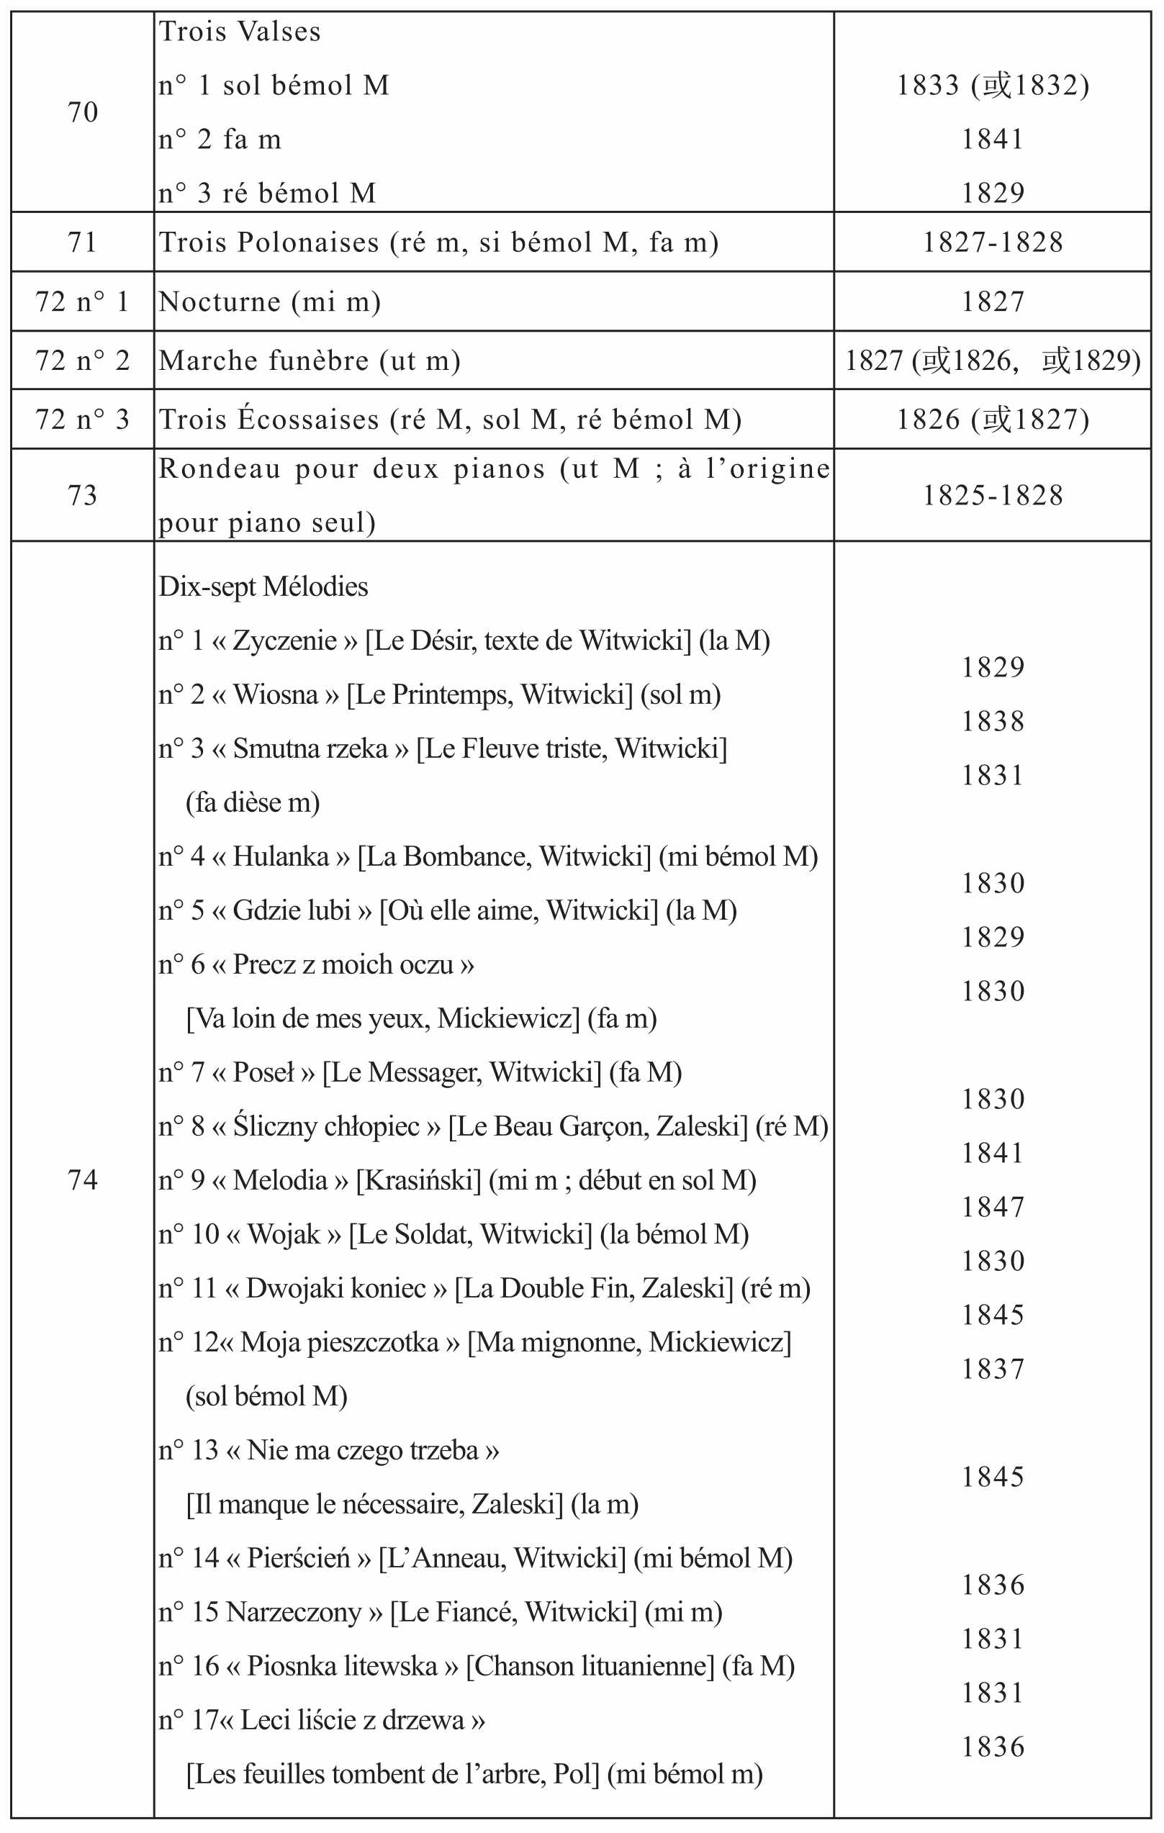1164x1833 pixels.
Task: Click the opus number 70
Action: click(x=82, y=112)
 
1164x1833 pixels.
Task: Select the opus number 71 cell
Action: click(x=82, y=242)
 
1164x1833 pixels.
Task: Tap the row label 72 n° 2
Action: click(x=82, y=360)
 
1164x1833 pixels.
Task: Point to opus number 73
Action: click(x=82, y=496)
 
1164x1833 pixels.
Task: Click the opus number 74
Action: click(x=82, y=1180)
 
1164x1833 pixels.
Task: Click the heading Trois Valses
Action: click(x=240, y=32)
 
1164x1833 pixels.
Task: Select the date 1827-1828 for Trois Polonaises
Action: click(x=992, y=242)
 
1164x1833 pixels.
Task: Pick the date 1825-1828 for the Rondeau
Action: click(x=992, y=496)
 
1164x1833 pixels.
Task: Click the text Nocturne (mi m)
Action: click(x=269, y=302)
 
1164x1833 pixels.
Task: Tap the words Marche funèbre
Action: click(x=264, y=360)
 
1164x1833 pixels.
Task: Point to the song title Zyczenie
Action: click(x=285, y=641)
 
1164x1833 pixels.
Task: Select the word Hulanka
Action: click(x=281, y=856)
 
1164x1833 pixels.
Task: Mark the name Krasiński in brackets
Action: click(x=419, y=1180)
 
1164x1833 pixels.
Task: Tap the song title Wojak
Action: click(x=283, y=1234)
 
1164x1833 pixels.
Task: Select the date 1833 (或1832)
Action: click(x=992, y=85)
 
